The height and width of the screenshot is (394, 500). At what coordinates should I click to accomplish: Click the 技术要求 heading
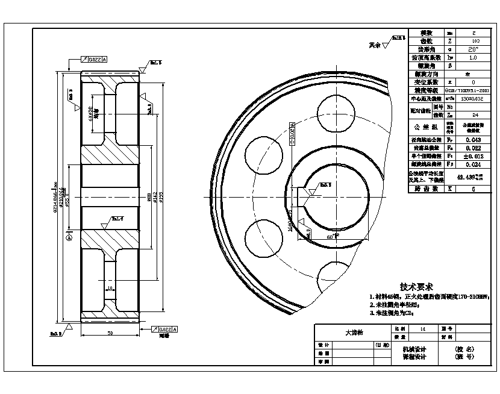(x=416, y=287)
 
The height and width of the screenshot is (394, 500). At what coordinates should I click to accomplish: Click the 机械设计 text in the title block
(x=414, y=349)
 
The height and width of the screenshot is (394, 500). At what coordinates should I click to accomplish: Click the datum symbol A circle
(x=68, y=237)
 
